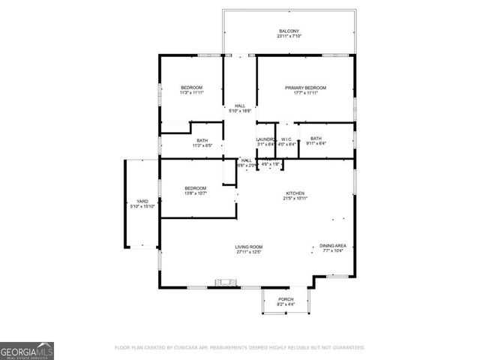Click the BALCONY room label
pos(289,31)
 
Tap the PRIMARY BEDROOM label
pos(305,88)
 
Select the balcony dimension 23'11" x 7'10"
pos(289,37)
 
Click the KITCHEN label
pos(295,193)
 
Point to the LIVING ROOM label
pos(249,247)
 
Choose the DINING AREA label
pos(331,246)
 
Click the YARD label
pos(142,201)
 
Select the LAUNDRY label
pos(266,139)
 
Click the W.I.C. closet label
pos(286,139)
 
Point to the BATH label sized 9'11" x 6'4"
pos(316,138)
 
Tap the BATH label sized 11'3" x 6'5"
pos(202,140)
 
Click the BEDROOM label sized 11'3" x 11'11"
pos(191,88)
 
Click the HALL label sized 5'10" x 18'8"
pos(240,106)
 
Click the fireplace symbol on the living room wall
pos(223,283)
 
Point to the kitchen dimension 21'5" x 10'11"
pos(295,199)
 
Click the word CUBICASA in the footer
pos(190,348)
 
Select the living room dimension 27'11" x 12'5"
pos(249,253)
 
